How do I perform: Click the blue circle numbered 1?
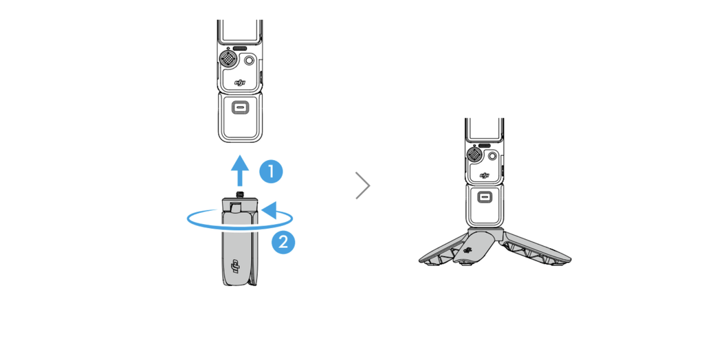(x=271, y=172)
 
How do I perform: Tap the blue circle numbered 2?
(x=283, y=243)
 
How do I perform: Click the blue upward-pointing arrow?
(x=240, y=170)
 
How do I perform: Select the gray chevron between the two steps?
(x=363, y=185)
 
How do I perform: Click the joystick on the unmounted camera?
(x=229, y=58)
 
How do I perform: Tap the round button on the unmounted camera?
(x=249, y=60)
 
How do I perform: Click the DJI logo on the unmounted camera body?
(x=241, y=82)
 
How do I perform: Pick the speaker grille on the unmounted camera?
(x=240, y=47)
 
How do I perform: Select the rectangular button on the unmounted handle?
(x=240, y=107)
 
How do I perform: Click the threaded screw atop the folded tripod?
(x=240, y=195)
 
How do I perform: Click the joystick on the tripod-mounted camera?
(x=474, y=155)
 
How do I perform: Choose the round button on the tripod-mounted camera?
(x=492, y=156)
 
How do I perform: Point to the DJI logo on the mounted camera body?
(x=485, y=175)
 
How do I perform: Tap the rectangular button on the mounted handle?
(x=484, y=196)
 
